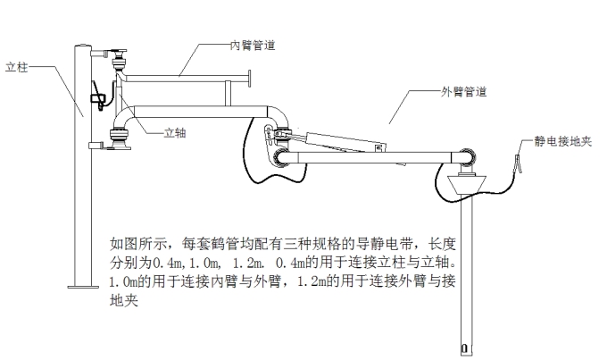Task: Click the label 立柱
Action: [x=17, y=67]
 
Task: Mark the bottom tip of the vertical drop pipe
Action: [x=465, y=348]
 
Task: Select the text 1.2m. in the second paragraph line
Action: [x=254, y=264]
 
